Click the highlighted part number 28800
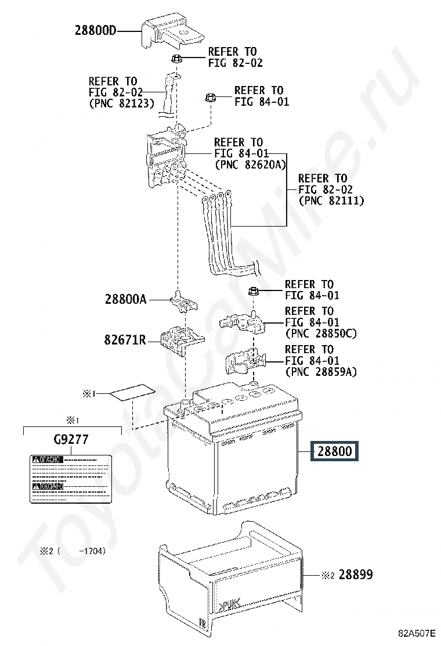coord(335,451)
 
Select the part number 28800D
coord(95,31)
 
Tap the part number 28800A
coord(126,300)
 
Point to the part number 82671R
coord(125,339)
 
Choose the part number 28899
coord(356,575)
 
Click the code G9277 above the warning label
coord(71,440)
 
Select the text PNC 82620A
coord(250,164)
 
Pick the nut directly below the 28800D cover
coord(177,58)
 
